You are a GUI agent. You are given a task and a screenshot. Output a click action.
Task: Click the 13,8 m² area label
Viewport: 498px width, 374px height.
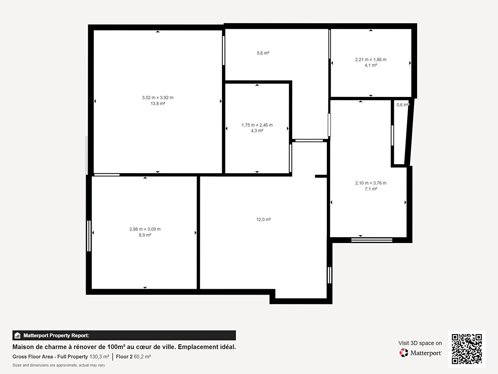pyautogui.click(x=158, y=104)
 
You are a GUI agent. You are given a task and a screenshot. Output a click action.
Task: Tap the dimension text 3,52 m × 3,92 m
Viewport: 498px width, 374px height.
pyautogui.click(x=158, y=98)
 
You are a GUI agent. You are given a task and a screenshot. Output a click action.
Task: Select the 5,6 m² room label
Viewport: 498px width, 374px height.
pyautogui.click(x=263, y=53)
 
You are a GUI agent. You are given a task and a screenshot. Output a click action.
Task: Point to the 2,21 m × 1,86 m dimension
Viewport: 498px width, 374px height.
pyautogui.click(x=371, y=60)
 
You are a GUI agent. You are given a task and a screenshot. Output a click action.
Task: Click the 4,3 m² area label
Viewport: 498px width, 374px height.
pyautogui.click(x=257, y=131)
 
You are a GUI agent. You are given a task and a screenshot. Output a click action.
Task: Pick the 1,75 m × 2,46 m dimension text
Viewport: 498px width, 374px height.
pyautogui.click(x=257, y=125)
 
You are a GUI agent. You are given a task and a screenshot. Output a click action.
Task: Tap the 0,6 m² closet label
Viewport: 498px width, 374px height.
pyautogui.click(x=403, y=105)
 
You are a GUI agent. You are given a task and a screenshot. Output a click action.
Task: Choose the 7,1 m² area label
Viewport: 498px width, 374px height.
pyautogui.click(x=371, y=189)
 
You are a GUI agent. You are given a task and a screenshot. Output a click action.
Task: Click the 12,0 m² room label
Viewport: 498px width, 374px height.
pyautogui.click(x=264, y=219)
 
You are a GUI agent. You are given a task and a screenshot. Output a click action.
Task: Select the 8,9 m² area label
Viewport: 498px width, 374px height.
pyautogui.click(x=145, y=235)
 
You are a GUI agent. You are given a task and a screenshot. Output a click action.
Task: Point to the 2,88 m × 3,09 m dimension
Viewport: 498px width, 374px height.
pyautogui.click(x=145, y=229)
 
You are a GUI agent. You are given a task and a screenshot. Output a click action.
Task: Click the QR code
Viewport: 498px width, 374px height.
pyautogui.click(x=467, y=349)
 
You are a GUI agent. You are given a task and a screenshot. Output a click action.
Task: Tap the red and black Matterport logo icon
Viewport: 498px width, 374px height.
pyautogui.click(x=404, y=353)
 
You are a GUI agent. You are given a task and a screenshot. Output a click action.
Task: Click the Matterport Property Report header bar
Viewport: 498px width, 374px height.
pyautogui.click(x=124, y=336)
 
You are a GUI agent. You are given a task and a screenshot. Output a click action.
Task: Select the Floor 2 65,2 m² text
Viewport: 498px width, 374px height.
pyautogui.click(x=133, y=357)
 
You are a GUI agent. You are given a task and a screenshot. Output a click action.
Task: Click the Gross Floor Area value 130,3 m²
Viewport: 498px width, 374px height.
pyautogui.click(x=99, y=357)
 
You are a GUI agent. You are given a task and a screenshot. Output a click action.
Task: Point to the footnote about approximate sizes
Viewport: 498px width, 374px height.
pyautogui.click(x=59, y=365)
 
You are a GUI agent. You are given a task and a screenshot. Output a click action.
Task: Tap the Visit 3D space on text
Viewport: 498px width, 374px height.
pyautogui.click(x=420, y=343)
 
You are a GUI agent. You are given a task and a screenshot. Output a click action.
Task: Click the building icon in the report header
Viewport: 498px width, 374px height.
pyautogui.click(x=18, y=336)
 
